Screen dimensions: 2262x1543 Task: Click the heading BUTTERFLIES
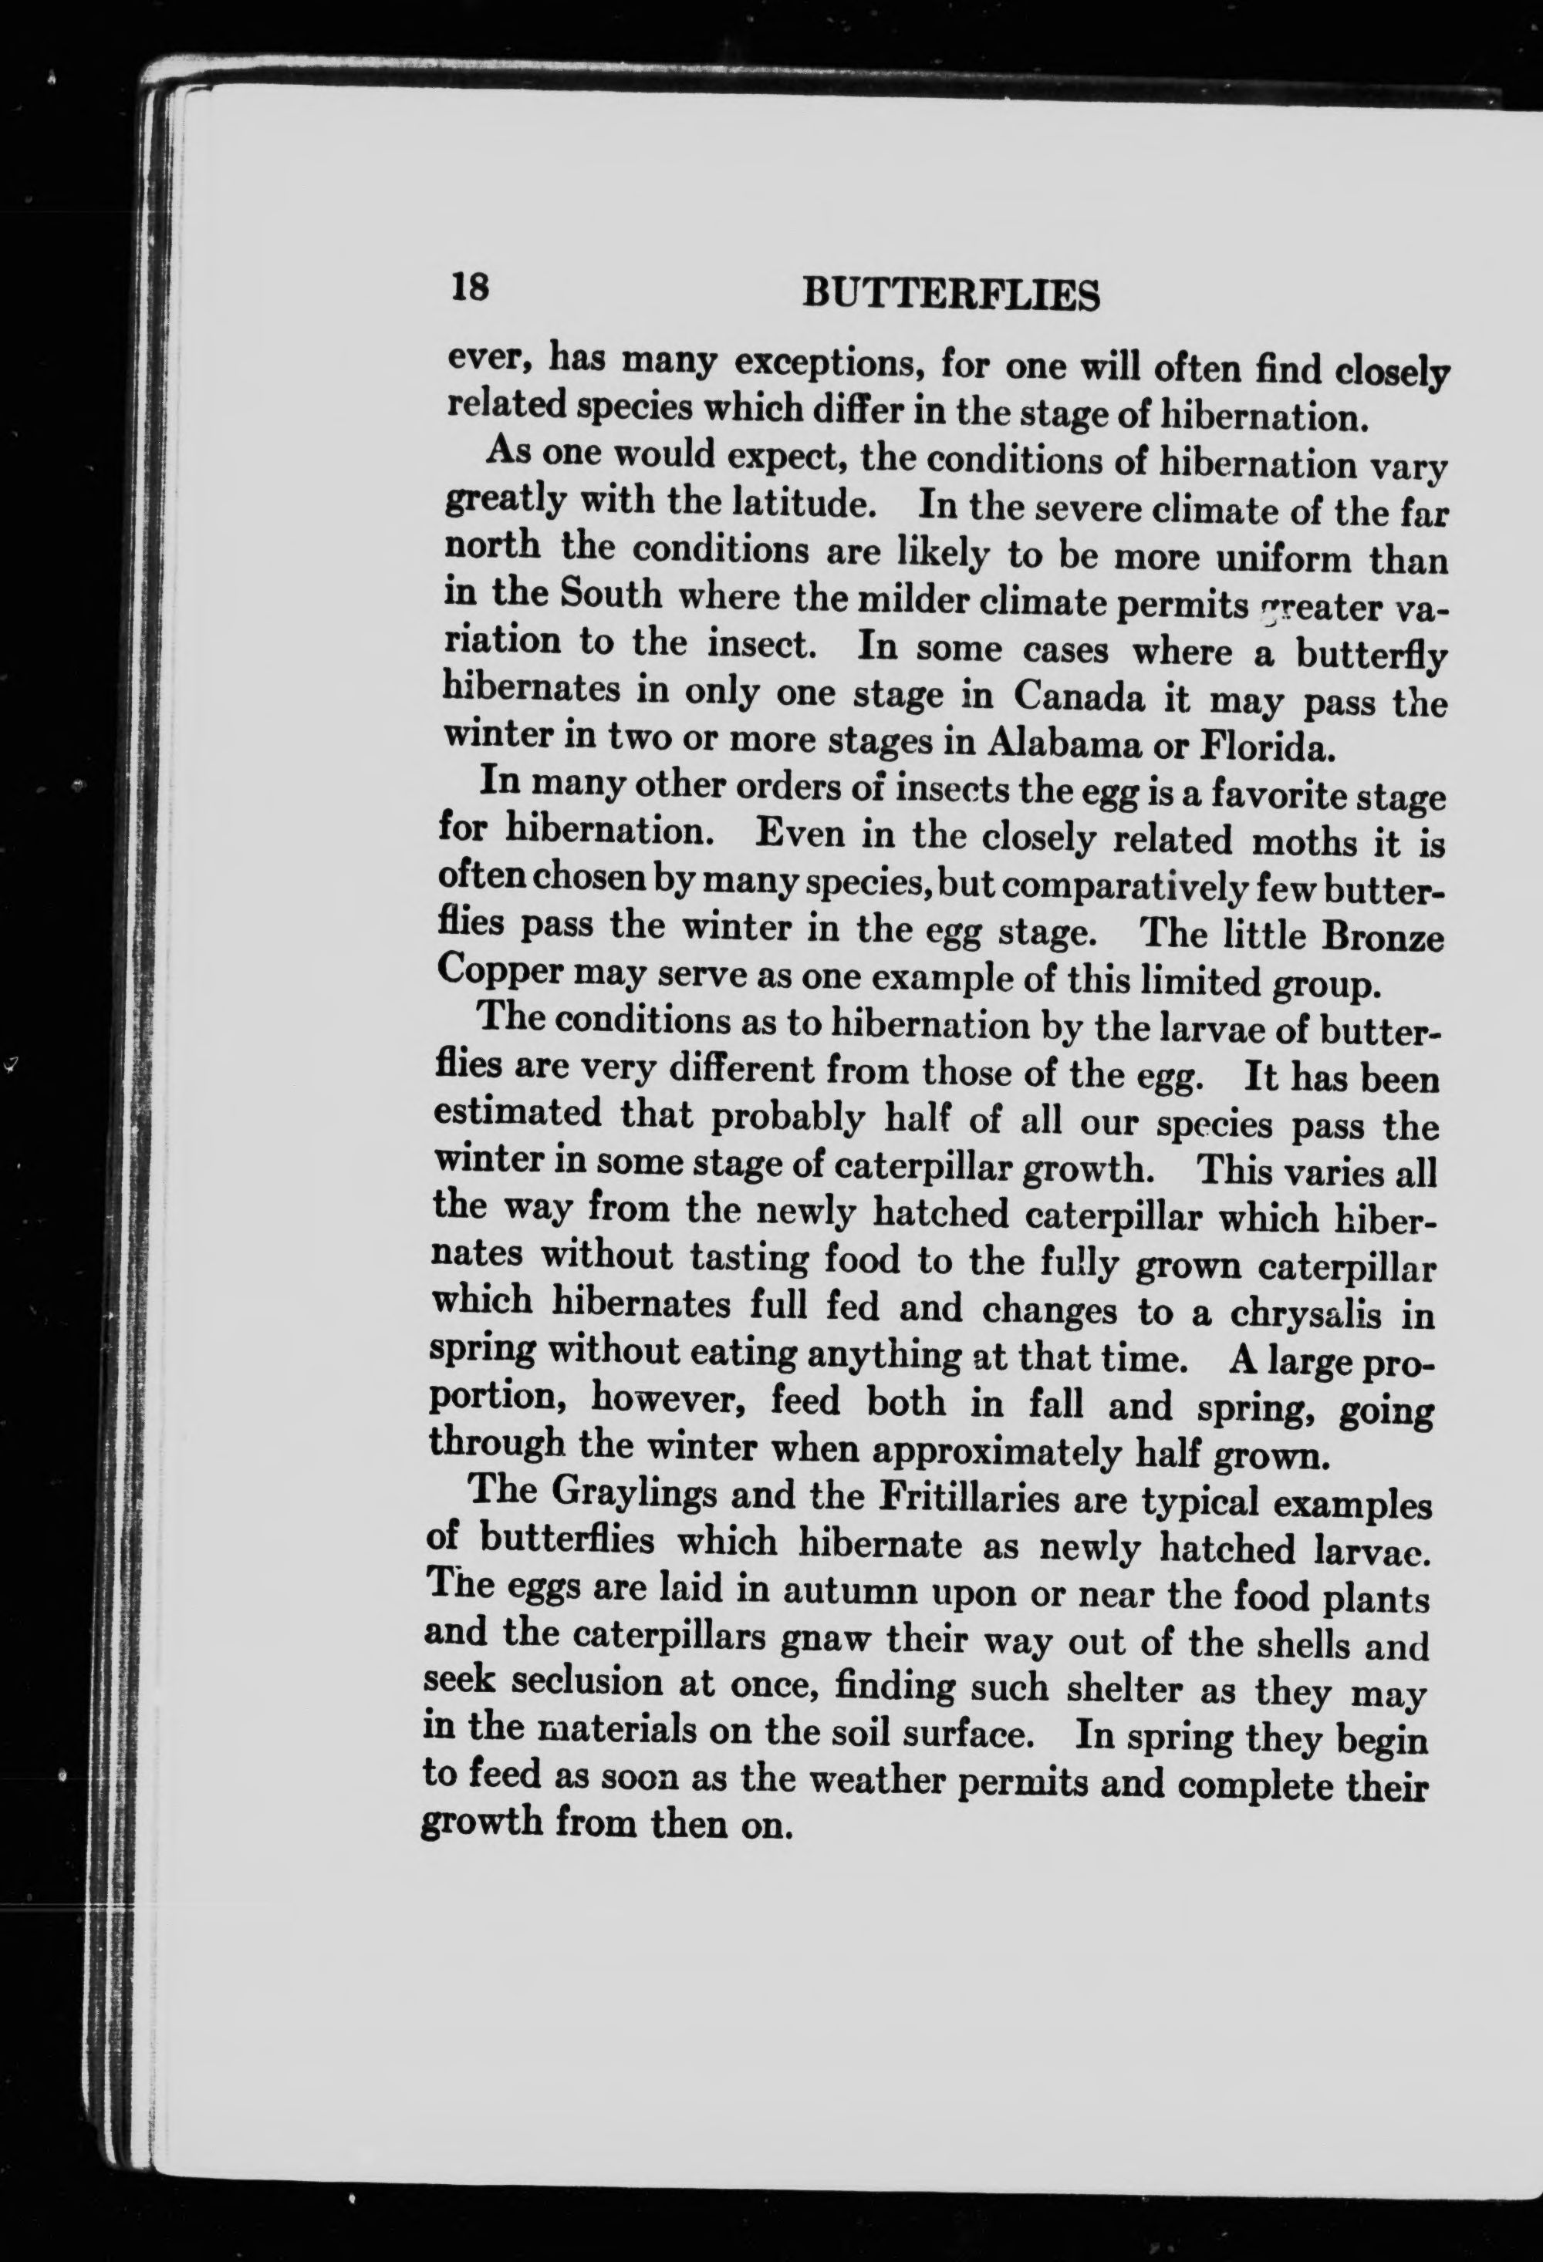(x=951, y=294)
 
